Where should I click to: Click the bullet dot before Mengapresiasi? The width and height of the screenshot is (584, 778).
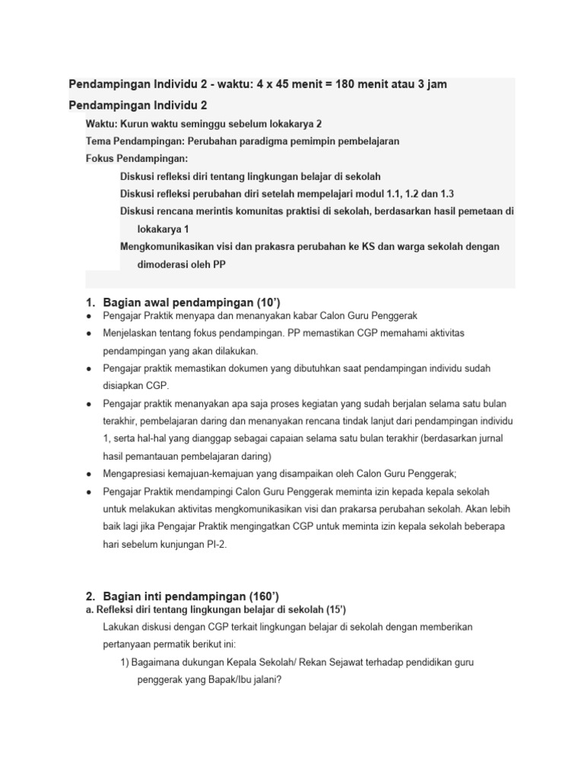point(90,474)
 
